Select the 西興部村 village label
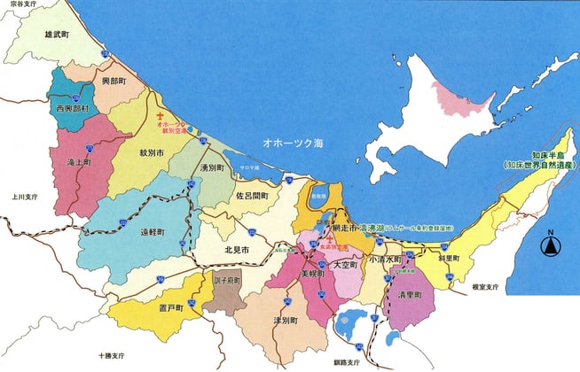tap(72, 109)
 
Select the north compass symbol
tap(550, 246)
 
